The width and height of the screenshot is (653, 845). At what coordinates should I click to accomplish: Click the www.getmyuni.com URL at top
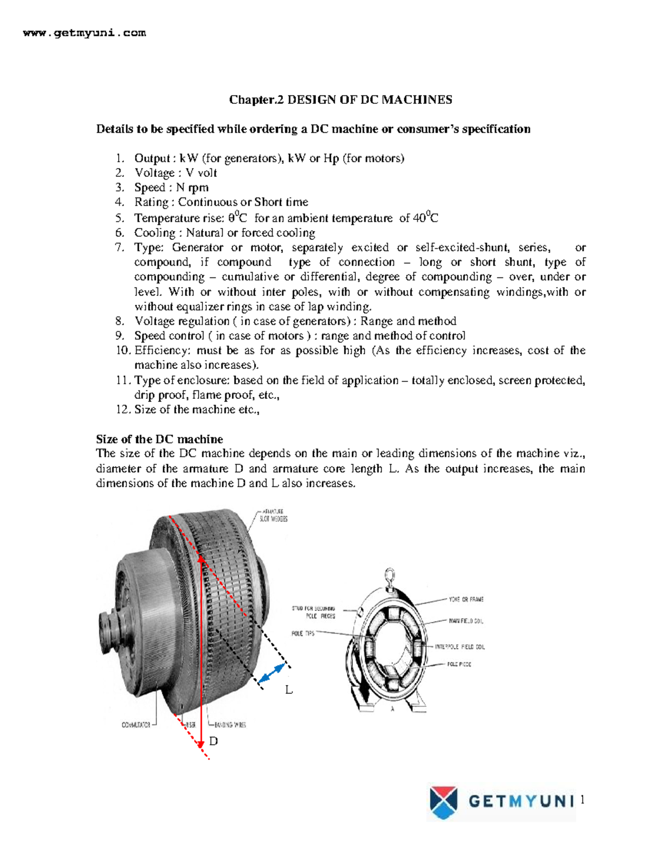[84, 33]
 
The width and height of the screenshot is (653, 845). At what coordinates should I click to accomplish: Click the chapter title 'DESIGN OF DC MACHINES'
[369, 100]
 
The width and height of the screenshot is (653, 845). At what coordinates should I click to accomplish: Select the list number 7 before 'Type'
[120, 248]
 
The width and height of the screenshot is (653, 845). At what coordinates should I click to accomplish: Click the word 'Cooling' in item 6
[155, 233]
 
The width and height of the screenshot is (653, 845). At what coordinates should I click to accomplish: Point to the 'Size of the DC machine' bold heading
[159, 439]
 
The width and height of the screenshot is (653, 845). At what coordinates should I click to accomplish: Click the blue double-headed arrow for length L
[272, 674]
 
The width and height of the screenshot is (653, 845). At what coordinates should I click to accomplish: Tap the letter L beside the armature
[289, 690]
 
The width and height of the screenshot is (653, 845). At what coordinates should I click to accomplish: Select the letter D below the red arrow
[213, 741]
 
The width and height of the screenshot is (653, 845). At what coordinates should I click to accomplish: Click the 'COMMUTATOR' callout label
[135, 725]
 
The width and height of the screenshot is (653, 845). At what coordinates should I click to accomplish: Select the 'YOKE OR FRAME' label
[466, 599]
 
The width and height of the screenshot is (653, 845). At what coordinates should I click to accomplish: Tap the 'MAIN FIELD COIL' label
[466, 621]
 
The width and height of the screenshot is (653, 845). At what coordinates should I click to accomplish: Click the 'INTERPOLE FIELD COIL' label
[459, 647]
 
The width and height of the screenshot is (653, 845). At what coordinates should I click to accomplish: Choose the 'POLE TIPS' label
[303, 633]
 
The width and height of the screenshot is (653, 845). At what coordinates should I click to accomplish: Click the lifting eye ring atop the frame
[389, 575]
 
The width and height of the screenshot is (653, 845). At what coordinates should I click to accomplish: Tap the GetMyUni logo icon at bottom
[443, 802]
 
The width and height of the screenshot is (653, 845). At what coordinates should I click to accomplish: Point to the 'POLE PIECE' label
[459, 664]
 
